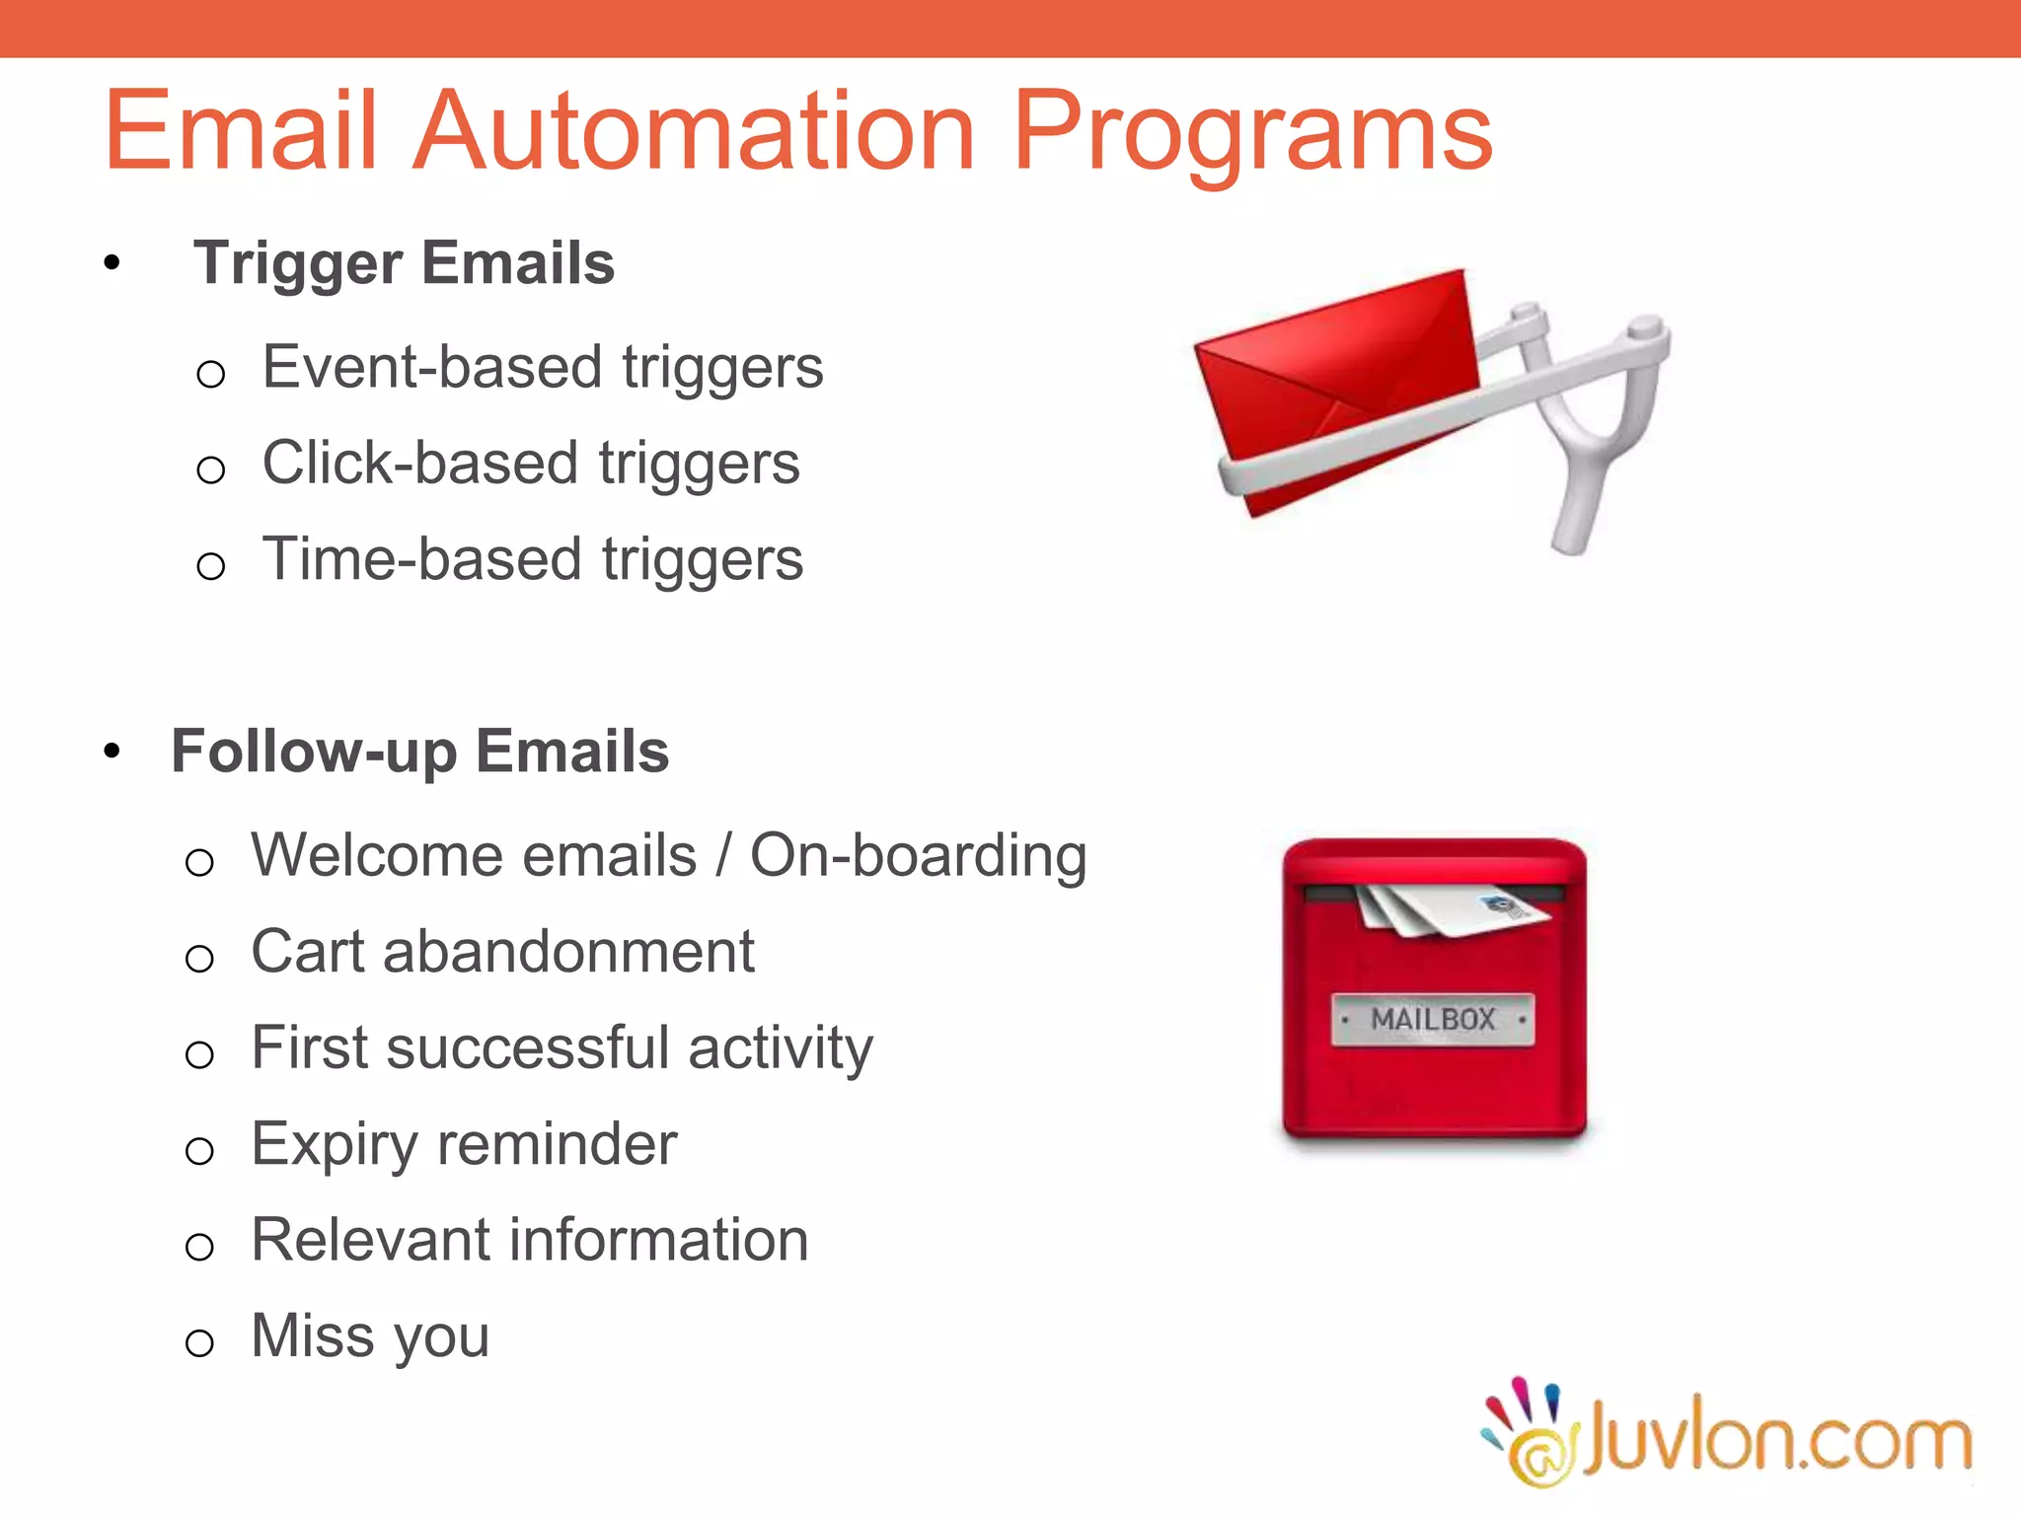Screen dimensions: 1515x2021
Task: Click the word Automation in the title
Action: click(693, 131)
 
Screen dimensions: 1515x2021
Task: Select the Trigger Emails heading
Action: click(404, 263)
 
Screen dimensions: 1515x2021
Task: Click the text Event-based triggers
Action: click(542, 368)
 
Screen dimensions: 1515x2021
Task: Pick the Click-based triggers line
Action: click(530, 464)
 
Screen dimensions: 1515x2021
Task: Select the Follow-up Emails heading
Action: click(419, 752)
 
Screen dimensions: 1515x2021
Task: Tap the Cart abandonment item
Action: click(502, 952)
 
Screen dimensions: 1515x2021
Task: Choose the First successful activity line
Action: click(561, 1047)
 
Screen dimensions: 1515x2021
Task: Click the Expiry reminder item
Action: click(464, 1144)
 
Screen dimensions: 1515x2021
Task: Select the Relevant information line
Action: click(530, 1240)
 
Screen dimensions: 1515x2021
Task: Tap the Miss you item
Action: click(370, 1335)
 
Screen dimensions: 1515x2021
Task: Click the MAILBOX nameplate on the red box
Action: click(1433, 1019)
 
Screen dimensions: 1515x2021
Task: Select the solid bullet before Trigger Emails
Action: click(112, 263)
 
